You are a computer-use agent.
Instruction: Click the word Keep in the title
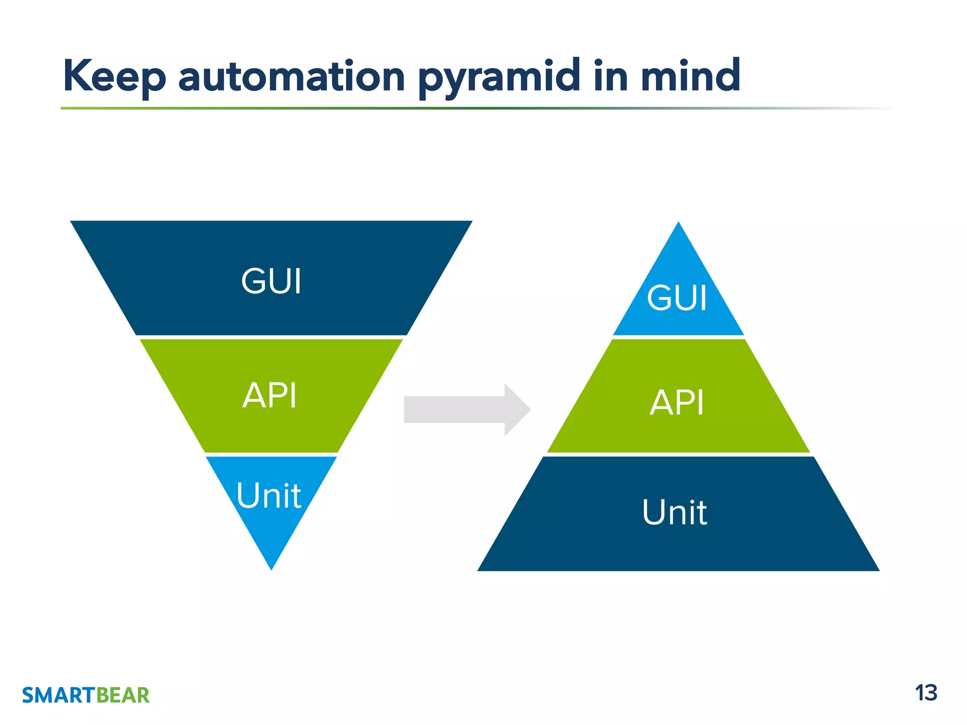click(114, 76)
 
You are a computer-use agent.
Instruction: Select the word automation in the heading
click(291, 76)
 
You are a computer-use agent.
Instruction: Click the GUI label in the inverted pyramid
click(271, 281)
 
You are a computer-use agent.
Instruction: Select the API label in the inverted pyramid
click(270, 396)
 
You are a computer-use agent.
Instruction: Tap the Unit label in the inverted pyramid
click(269, 496)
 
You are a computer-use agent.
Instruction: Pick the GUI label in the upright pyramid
click(677, 298)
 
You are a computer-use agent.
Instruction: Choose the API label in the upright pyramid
click(677, 403)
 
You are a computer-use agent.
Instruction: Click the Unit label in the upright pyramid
click(675, 513)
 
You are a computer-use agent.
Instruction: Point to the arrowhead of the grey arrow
click(518, 410)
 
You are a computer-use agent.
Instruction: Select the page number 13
click(925, 693)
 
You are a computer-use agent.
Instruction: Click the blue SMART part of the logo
click(59, 696)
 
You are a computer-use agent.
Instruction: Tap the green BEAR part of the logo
click(123, 696)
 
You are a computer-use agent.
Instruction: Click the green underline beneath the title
click(331, 108)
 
